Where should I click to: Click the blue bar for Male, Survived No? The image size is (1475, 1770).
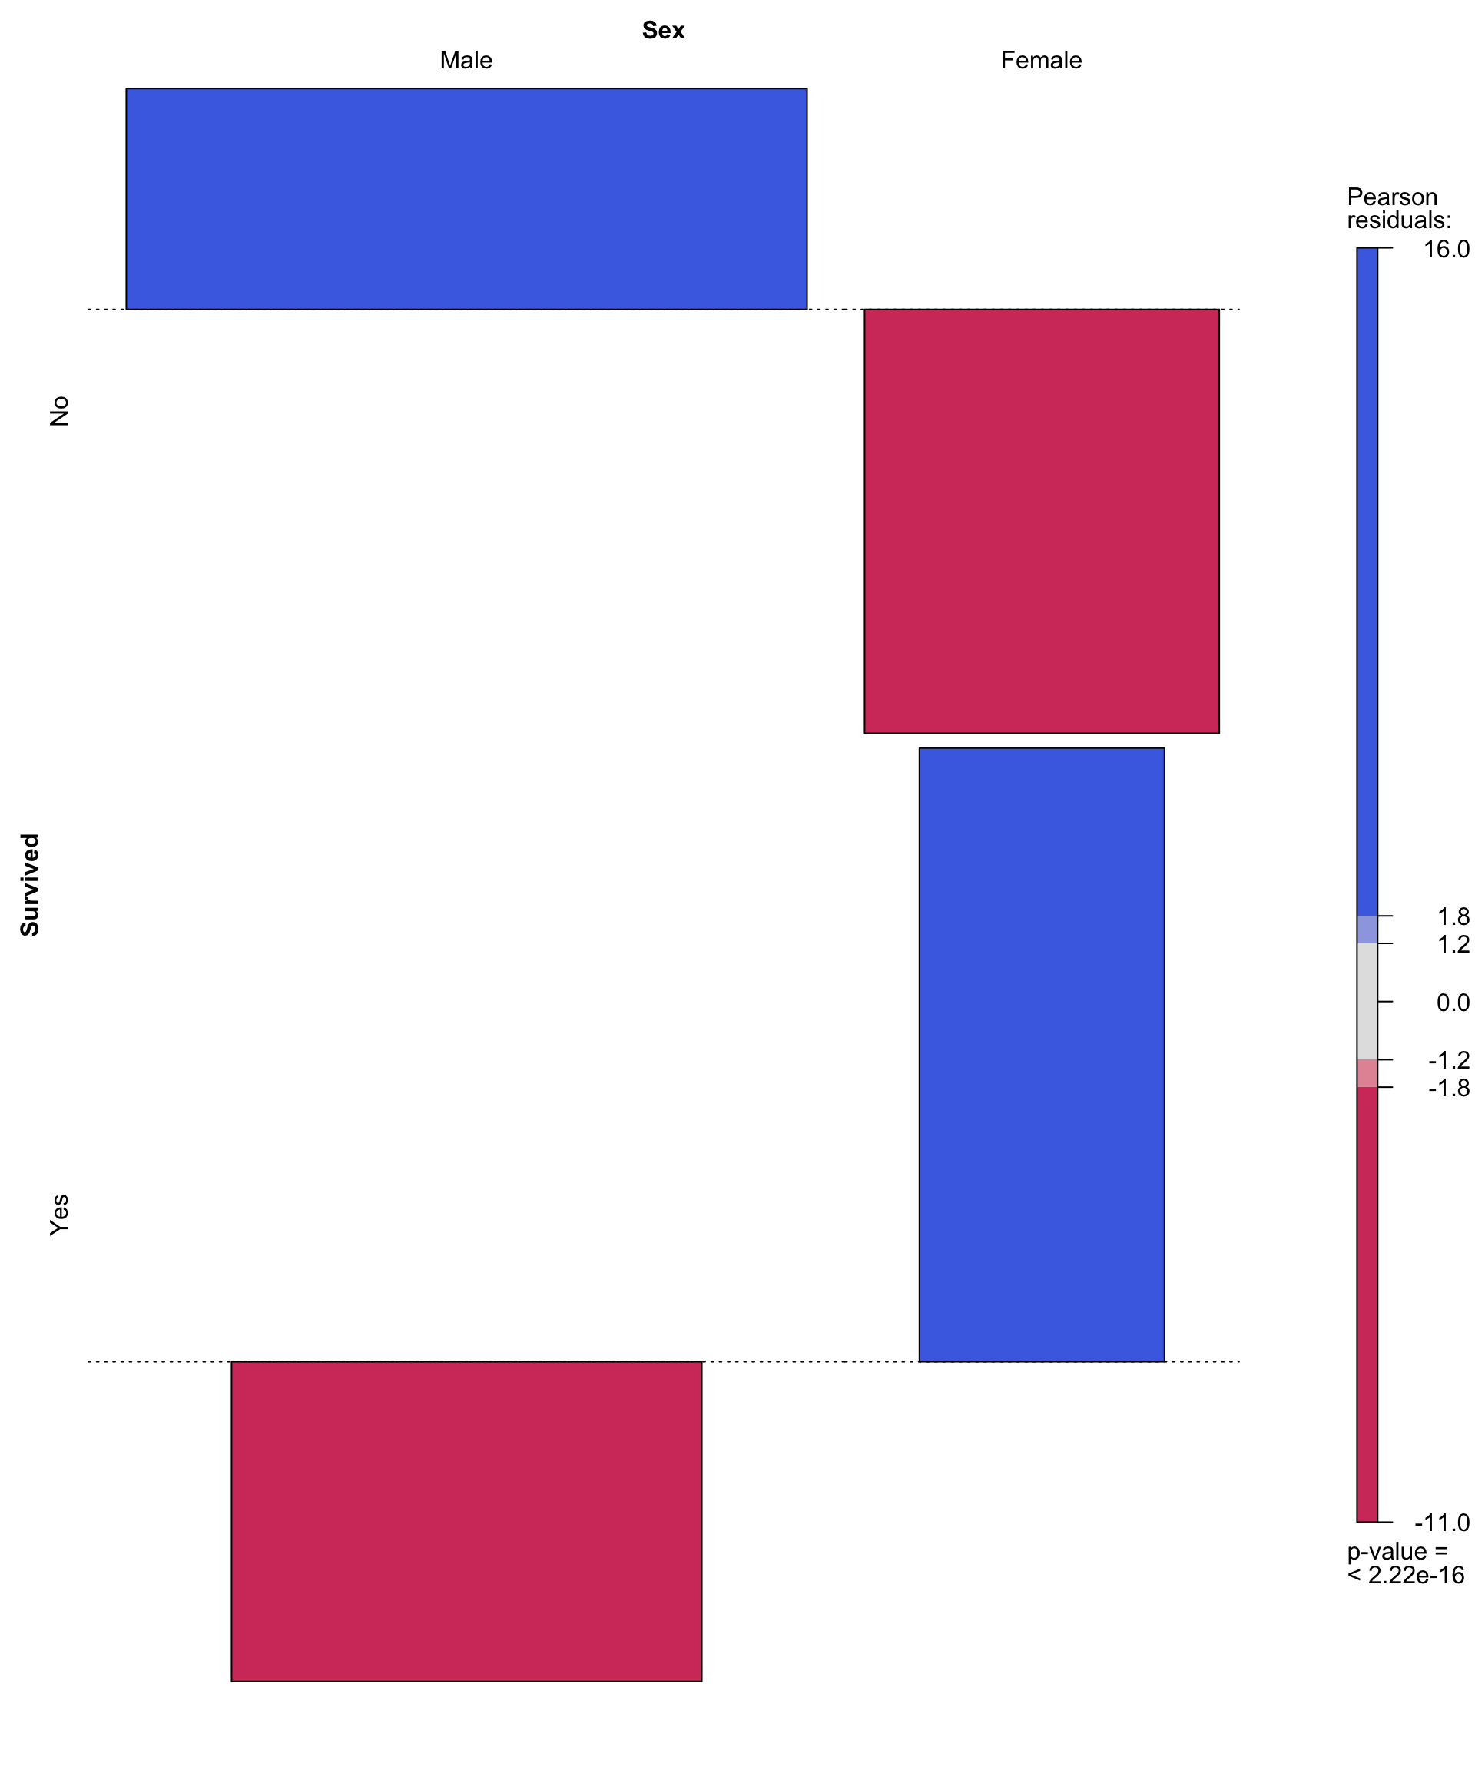466,199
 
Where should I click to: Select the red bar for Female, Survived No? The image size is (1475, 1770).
1041,521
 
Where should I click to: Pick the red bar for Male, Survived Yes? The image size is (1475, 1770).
466,1522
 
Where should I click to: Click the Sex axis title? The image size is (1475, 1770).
663,30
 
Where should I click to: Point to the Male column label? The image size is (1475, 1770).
466,61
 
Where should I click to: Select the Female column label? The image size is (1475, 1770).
1041,61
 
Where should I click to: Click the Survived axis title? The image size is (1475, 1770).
30,885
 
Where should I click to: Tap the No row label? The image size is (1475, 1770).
59,411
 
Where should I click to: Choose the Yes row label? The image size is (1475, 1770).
59,1215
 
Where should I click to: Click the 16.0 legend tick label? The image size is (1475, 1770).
1447,250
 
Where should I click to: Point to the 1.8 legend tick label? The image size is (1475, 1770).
1453,917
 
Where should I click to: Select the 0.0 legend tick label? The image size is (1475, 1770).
1453,1003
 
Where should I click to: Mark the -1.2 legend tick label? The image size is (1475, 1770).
1449,1060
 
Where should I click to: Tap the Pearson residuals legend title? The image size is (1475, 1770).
1398,209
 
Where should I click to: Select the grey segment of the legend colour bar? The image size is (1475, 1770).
1367,1001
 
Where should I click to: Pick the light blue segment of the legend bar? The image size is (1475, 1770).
1367,930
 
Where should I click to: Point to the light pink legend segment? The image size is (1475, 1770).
1367,1074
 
